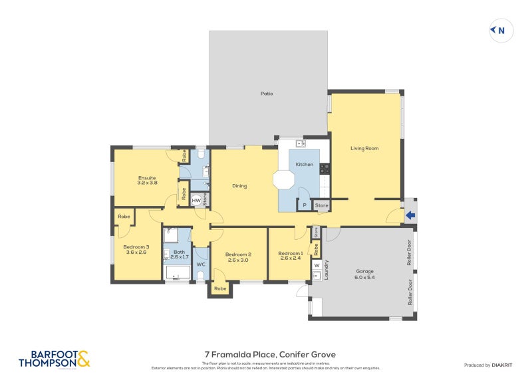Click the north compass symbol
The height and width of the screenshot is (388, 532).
coord(500,30)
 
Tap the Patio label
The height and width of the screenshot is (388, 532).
coord(267,94)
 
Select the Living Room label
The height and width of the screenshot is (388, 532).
coord(364,148)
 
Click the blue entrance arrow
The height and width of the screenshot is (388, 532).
coord(410,215)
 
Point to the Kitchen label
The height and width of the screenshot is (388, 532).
coord(304,164)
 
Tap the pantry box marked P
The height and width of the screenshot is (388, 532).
coord(304,205)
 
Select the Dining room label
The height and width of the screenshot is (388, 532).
coord(239,186)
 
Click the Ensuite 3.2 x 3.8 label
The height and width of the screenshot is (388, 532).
coord(147,180)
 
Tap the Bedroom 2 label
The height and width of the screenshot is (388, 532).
coord(237,257)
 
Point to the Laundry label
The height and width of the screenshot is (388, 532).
coord(327,269)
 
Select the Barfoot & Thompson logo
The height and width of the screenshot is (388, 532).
coord(54,359)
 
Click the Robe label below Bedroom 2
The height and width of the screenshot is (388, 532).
coord(220,289)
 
